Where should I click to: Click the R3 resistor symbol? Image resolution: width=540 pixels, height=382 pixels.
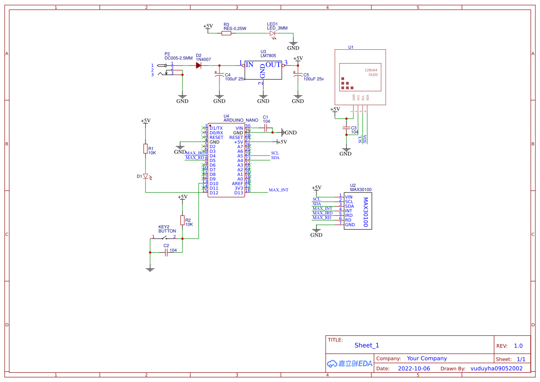226,33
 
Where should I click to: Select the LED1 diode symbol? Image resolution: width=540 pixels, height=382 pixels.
273,33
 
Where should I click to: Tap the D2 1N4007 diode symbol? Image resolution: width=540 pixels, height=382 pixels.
199,66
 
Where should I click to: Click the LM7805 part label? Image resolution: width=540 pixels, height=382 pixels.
268,56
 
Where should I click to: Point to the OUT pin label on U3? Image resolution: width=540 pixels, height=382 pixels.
273,65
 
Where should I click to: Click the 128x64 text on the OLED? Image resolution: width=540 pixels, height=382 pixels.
371,70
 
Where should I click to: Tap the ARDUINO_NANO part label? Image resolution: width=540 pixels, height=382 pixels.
241,120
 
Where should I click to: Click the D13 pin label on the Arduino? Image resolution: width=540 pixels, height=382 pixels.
238,193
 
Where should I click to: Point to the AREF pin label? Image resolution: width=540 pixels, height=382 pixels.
237,184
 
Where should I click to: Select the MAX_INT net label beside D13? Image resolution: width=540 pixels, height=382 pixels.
279,190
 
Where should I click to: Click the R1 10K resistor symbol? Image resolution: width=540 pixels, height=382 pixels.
146,149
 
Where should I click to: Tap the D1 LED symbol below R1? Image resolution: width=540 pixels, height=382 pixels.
146,176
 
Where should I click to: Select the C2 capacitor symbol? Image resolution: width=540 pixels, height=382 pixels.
166,252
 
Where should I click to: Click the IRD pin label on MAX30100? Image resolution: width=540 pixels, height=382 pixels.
349,215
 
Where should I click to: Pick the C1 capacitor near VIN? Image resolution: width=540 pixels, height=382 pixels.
266,128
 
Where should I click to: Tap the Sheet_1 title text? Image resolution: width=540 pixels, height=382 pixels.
367,345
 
